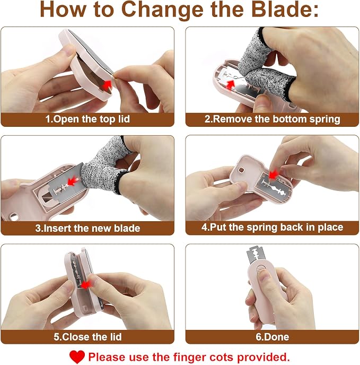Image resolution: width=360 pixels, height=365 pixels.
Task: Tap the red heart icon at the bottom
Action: (x=77, y=357)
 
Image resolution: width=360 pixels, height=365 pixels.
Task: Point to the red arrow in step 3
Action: (x=73, y=181)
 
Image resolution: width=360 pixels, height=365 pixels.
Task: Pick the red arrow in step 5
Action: (x=86, y=284)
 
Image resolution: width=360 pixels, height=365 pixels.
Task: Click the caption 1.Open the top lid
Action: (x=87, y=119)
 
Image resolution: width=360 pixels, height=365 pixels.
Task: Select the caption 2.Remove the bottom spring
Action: (x=273, y=119)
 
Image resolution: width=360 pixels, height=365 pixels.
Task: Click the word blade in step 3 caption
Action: (x=127, y=228)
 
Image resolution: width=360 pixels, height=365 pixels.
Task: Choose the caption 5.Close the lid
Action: (x=87, y=337)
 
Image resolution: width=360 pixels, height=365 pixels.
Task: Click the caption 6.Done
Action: (x=273, y=337)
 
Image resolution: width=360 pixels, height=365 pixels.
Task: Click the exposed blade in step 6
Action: (x=256, y=255)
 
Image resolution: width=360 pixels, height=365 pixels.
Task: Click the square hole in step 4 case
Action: (x=241, y=170)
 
